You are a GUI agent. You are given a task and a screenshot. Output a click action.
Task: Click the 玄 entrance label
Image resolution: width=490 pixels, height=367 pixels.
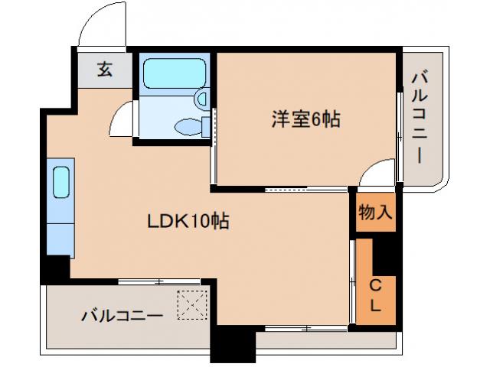click(x=105, y=70)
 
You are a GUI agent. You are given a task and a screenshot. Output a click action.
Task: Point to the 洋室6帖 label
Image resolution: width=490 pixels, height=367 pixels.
click(x=305, y=119)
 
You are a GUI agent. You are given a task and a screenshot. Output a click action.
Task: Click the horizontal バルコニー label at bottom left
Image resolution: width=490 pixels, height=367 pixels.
click(x=122, y=315)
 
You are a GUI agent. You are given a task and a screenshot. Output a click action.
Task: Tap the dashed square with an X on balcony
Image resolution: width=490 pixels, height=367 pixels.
click(x=191, y=306)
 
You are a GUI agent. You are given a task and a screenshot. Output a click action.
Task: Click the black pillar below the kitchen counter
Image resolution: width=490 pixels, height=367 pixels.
click(x=55, y=269)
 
